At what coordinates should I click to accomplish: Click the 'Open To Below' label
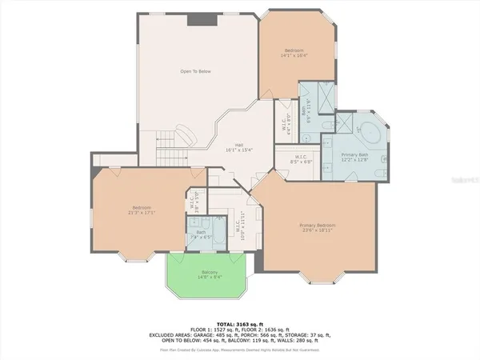194,71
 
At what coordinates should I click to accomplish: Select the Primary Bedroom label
318,226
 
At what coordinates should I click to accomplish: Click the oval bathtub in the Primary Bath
370,130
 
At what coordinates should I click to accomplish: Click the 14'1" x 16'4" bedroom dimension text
294,56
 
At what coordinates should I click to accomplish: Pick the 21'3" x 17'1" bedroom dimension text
142,212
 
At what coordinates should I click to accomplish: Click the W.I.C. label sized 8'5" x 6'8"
302,161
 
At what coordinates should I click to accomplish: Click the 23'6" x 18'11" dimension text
318,232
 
